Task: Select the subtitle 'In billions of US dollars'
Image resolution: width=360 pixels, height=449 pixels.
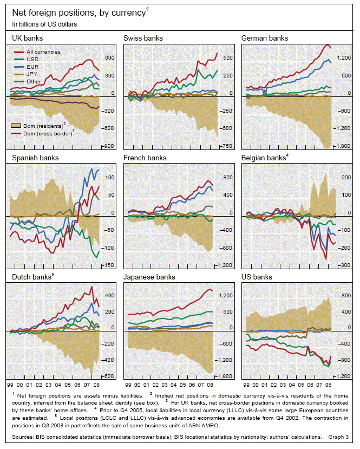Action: (44, 24)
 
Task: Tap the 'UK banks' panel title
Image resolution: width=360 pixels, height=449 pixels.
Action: (28, 38)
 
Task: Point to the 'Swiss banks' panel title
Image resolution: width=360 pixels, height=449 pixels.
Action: (143, 38)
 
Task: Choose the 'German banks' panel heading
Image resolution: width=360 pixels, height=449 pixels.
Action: (265, 38)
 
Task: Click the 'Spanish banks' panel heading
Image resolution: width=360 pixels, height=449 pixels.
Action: (35, 158)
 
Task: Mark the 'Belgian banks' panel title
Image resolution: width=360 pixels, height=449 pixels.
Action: (263, 158)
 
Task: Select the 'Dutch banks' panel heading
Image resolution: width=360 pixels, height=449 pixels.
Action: (31, 277)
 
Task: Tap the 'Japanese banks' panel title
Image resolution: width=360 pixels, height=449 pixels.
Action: (150, 277)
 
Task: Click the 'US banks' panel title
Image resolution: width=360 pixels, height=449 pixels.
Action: (257, 277)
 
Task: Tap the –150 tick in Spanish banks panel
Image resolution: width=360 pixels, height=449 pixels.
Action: (109, 265)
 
